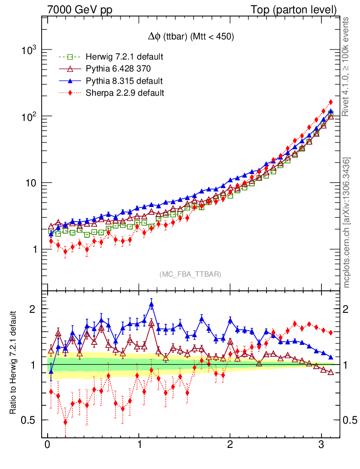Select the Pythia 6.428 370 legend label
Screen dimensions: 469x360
[119, 69]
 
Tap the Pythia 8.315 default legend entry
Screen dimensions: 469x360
[124, 81]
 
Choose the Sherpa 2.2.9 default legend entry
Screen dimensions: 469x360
[125, 93]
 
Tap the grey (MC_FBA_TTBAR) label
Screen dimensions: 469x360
[191, 274]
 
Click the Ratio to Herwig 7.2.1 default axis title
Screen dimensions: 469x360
[14, 363]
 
